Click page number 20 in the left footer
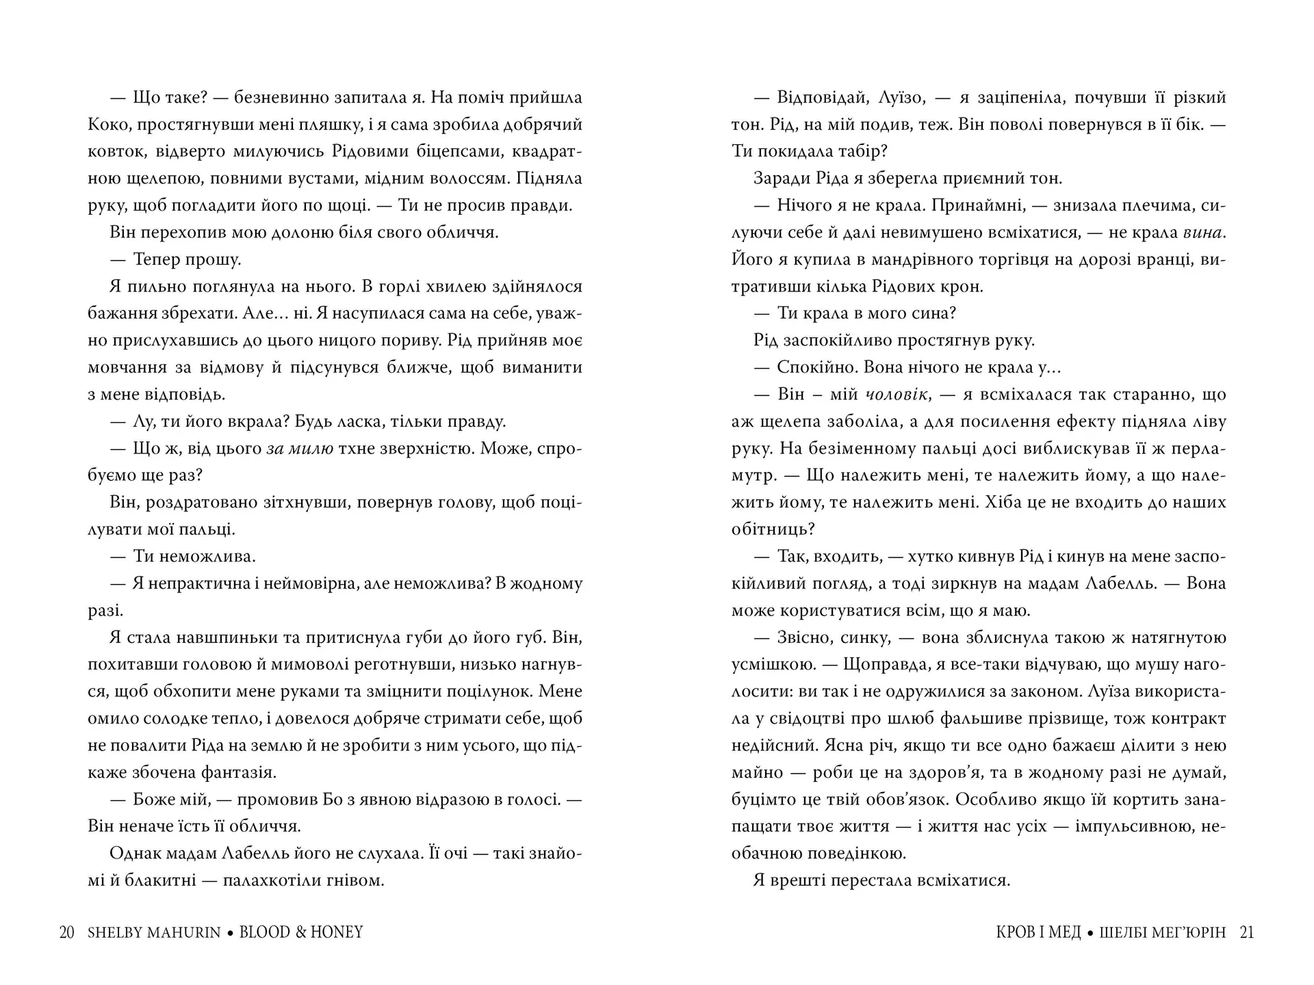66,932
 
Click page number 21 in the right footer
1247,932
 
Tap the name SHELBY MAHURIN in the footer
154,932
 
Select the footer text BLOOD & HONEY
301,932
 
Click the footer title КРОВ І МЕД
1039,932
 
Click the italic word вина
1202,233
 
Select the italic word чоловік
897,395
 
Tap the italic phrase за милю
300,449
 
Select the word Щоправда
890,664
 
